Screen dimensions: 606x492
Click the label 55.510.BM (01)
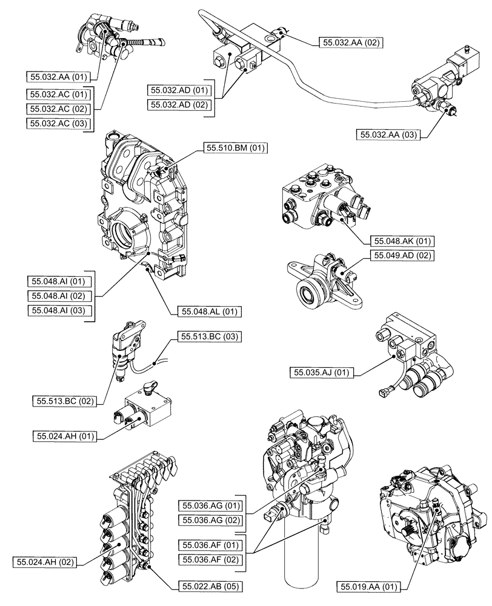(x=236, y=147)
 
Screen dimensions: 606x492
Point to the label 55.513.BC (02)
(x=66, y=401)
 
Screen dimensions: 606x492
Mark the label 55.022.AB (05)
(x=209, y=586)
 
